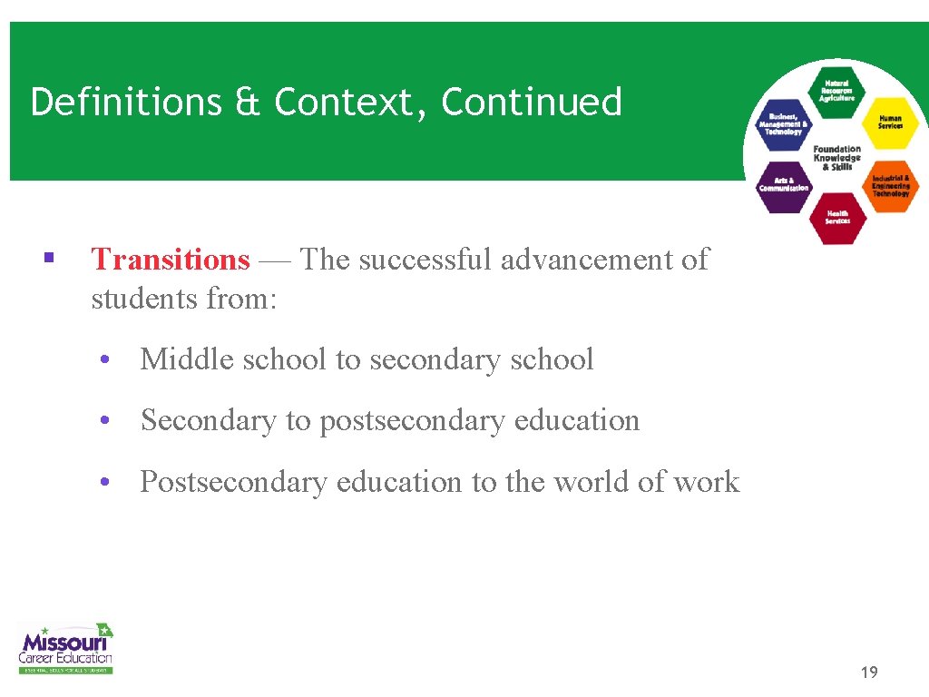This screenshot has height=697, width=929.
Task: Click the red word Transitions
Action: pos(170,260)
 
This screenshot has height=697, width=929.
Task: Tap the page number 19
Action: pos(868,672)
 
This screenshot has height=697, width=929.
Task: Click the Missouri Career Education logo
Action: pos(65,647)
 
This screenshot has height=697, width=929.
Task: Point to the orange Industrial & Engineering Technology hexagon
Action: pos(890,185)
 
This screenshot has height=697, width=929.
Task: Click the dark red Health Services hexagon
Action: pos(836,218)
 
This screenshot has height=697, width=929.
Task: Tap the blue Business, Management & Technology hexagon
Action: pos(783,124)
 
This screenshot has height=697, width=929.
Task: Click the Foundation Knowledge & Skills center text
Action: pos(836,158)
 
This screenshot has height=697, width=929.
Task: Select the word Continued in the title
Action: pos(532,102)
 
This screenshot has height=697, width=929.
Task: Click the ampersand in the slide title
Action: pos(247,102)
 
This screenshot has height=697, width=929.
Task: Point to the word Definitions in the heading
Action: pos(126,102)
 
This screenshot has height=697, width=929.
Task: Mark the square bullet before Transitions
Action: pos(48,260)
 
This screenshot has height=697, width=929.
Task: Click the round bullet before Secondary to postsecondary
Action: pos(106,421)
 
